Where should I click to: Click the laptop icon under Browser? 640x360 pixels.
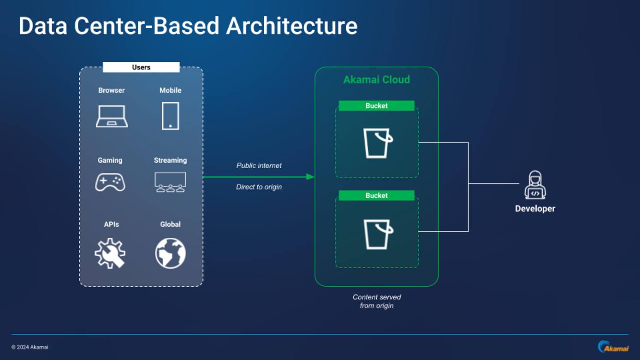point(112,116)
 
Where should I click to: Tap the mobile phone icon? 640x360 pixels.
point(170,116)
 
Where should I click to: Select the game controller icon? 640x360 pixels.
point(110,182)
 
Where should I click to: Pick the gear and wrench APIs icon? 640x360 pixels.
point(110,253)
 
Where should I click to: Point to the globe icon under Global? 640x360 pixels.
point(170,253)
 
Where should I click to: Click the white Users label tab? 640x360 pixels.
point(141,67)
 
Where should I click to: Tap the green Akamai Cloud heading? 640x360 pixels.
point(376,80)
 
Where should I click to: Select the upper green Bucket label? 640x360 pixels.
point(376,106)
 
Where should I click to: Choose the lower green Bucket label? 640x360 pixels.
point(376,195)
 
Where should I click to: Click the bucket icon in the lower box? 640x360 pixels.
point(378,234)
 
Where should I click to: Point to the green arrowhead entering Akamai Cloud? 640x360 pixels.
point(310,177)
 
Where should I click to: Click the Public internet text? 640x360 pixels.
point(259,165)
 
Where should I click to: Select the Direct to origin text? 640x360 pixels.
point(259,187)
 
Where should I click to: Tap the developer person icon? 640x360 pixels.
point(535,185)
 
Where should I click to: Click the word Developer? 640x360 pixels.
point(535,209)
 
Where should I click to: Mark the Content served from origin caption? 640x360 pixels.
point(377,301)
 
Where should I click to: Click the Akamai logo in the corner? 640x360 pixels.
point(613,347)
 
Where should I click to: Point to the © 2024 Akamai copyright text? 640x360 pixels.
point(30,347)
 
